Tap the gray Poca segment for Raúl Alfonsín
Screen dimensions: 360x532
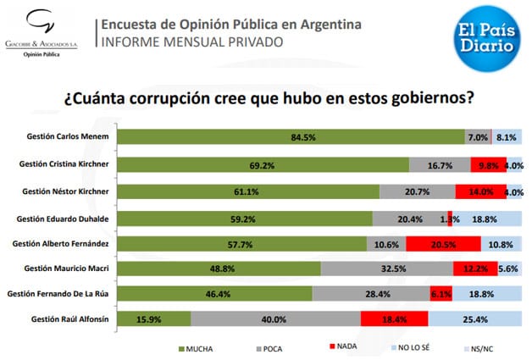click(x=275, y=319)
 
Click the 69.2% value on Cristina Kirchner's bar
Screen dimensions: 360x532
click(x=263, y=163)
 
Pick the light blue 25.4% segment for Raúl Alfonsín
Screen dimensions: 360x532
click(x=474, y=319)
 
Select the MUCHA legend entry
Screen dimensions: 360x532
click(x=194, y=347)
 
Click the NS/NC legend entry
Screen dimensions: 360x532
click(x=485, y=347)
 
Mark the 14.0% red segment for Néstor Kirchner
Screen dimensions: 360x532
click(x=480, y=192)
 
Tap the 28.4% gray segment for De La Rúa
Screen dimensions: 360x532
click(x=381, y=294)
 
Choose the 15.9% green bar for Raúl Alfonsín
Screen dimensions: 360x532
click(x=153, y=319)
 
